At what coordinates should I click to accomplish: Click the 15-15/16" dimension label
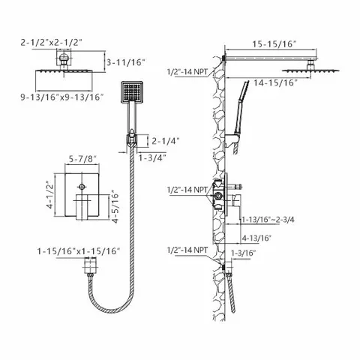(274, 44)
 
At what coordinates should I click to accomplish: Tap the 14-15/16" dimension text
(275, 82)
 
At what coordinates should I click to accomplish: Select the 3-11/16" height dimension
(126, 62)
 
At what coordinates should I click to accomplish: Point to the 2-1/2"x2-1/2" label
(51, 43)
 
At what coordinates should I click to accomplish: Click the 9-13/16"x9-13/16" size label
(62, 97)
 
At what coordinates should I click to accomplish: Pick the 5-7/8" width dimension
(82, 159)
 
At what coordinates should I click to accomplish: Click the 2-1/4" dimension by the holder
(166, 142)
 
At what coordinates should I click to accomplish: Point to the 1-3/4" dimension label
(152, 157)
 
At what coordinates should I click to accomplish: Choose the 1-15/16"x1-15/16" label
(79, 251)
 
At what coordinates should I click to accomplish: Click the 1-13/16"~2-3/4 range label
(268, 220)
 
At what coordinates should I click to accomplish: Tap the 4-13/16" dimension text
(256, 238)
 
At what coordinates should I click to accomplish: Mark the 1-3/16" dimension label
(244, 253)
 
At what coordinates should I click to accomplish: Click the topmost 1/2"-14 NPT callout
(187, 72)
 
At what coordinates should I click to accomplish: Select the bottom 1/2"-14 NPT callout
(187, 250)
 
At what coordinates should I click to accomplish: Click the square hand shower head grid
(132, 91)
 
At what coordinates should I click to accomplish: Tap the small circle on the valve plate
(82, 187)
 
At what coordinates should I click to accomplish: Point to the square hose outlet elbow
(90, 265)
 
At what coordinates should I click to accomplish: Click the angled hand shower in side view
(241, 107)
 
